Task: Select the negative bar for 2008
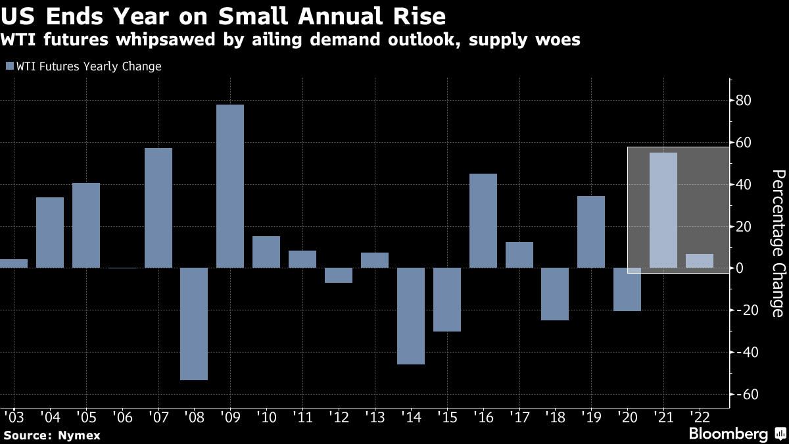click(x=194, y=324)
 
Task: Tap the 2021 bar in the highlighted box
click(x=663, y=210)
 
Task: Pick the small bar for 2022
click(x=699, y=261)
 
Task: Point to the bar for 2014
click(x=411, y=316)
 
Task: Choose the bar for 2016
click(x=483, y=221)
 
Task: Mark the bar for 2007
click(x=158, y=208)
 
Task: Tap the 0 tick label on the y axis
click(x=741, y=268)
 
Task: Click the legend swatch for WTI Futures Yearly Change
click(x=9, y=66)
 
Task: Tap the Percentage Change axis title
click(x=778, y=243)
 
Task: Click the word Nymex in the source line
click(x=71, y=435)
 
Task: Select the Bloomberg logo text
click(x=727, y=433)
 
